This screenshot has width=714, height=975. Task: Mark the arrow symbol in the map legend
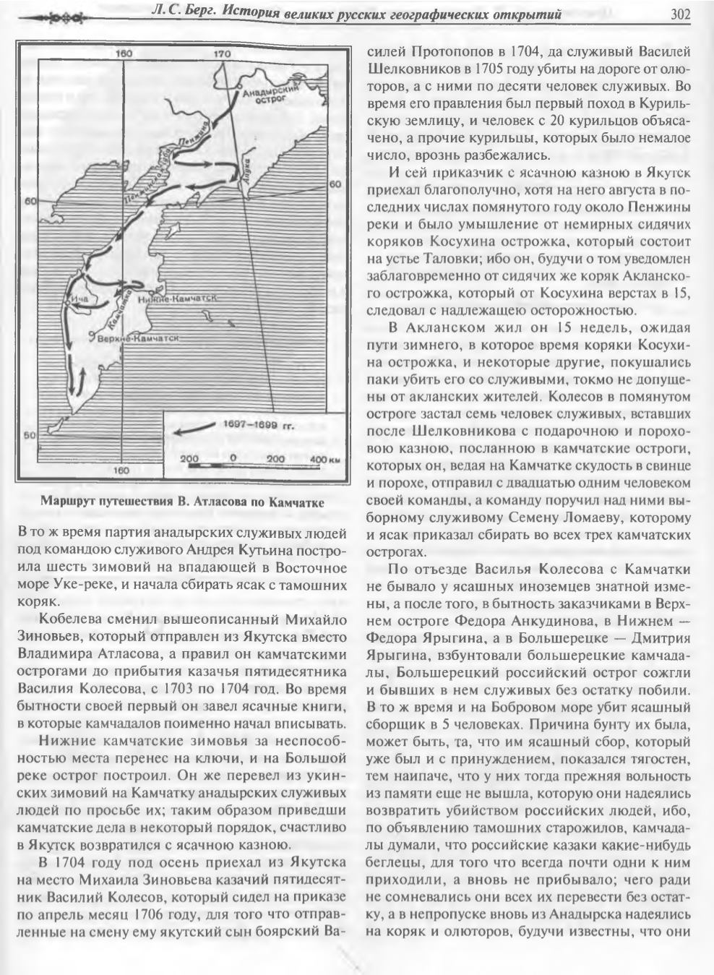click(x=194, y=429)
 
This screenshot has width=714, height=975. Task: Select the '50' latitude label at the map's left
click(x=30, y=435)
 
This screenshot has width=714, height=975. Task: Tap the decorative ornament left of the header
click(x=53, y=14)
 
